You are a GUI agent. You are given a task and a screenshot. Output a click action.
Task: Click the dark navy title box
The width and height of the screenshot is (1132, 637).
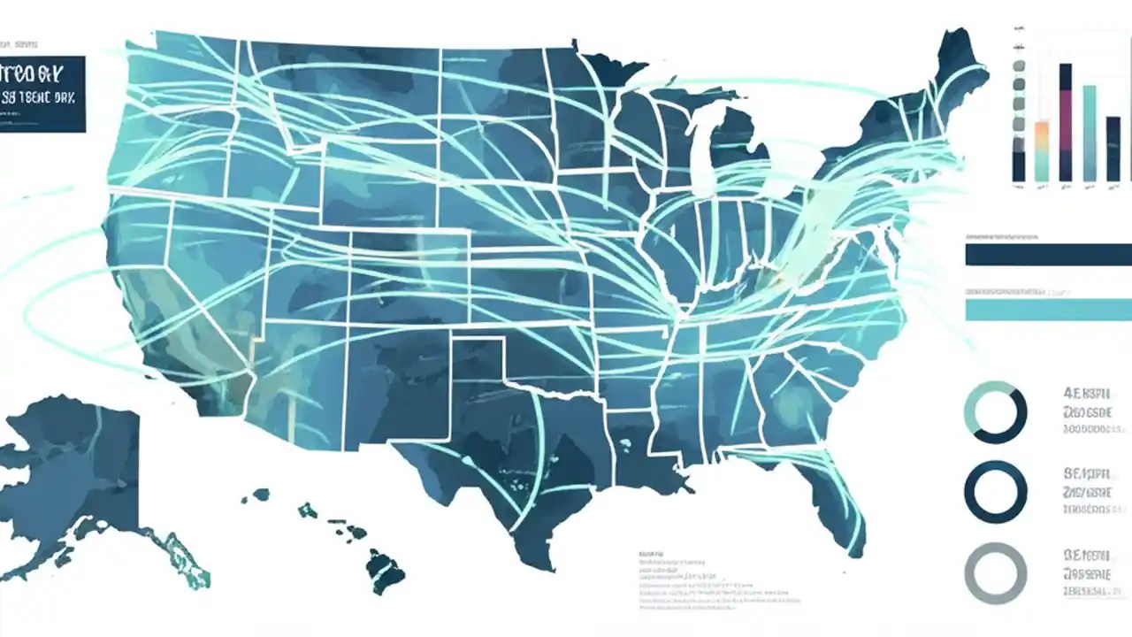[x=42, y=94]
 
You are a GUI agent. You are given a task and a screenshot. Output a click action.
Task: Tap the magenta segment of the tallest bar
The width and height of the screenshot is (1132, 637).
[x=1065, y=119]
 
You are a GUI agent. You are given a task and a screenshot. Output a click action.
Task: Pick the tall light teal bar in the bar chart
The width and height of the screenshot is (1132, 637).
[x=1089, y=133]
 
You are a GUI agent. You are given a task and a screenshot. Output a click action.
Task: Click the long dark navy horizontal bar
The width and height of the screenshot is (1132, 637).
[x=1048, y=255]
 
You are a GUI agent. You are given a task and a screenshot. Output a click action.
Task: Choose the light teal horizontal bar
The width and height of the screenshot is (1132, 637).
[x=1048, y=310]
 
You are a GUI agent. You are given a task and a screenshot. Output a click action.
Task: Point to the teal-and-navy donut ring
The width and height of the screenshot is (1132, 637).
[x=996, y=412]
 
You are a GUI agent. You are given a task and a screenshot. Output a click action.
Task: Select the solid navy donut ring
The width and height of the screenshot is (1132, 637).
[x=996, y=493]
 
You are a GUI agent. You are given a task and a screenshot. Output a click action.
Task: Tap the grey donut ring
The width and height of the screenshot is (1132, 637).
[x=996, y=573]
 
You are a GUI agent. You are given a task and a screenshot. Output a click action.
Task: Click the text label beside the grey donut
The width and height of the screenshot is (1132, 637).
[x=1088, y=573]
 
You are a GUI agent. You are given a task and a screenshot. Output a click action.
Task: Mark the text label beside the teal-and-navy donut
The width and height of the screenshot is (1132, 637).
[x=1088, y=411]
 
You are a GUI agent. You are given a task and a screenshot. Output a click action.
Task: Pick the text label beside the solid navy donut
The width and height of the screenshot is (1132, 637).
[x=1088, y=492]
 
